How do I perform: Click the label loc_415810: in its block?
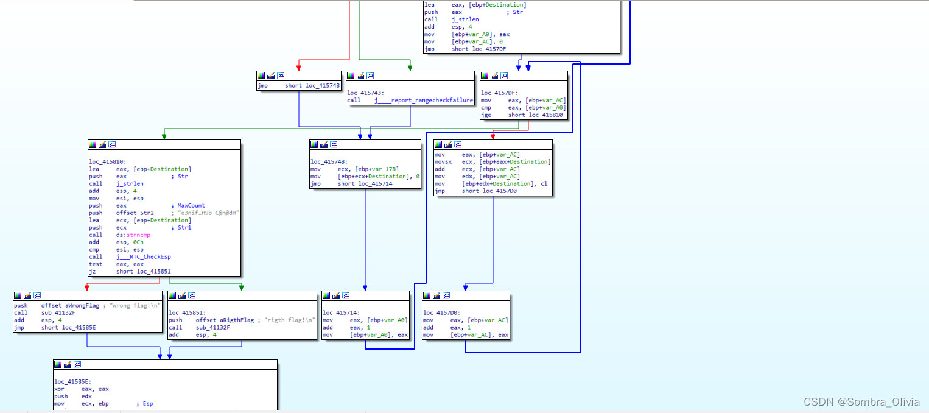(107, 161)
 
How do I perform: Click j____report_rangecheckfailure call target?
(424, 100)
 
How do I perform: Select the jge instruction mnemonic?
(486, 115)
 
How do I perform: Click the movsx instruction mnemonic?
(443, 162)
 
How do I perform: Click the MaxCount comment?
(191, 206)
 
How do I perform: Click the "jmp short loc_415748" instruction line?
(298, 86)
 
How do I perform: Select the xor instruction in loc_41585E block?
(59, 389)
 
